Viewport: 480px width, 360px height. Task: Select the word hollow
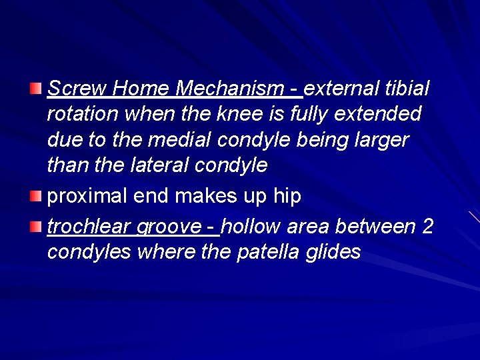coord(251,227)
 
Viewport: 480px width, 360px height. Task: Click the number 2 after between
coord(428,227)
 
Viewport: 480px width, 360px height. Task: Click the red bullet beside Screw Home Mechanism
coord(36,89)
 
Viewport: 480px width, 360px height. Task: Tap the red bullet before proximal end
coord(36,197)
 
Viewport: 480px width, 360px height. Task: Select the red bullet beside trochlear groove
coord(36,227)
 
